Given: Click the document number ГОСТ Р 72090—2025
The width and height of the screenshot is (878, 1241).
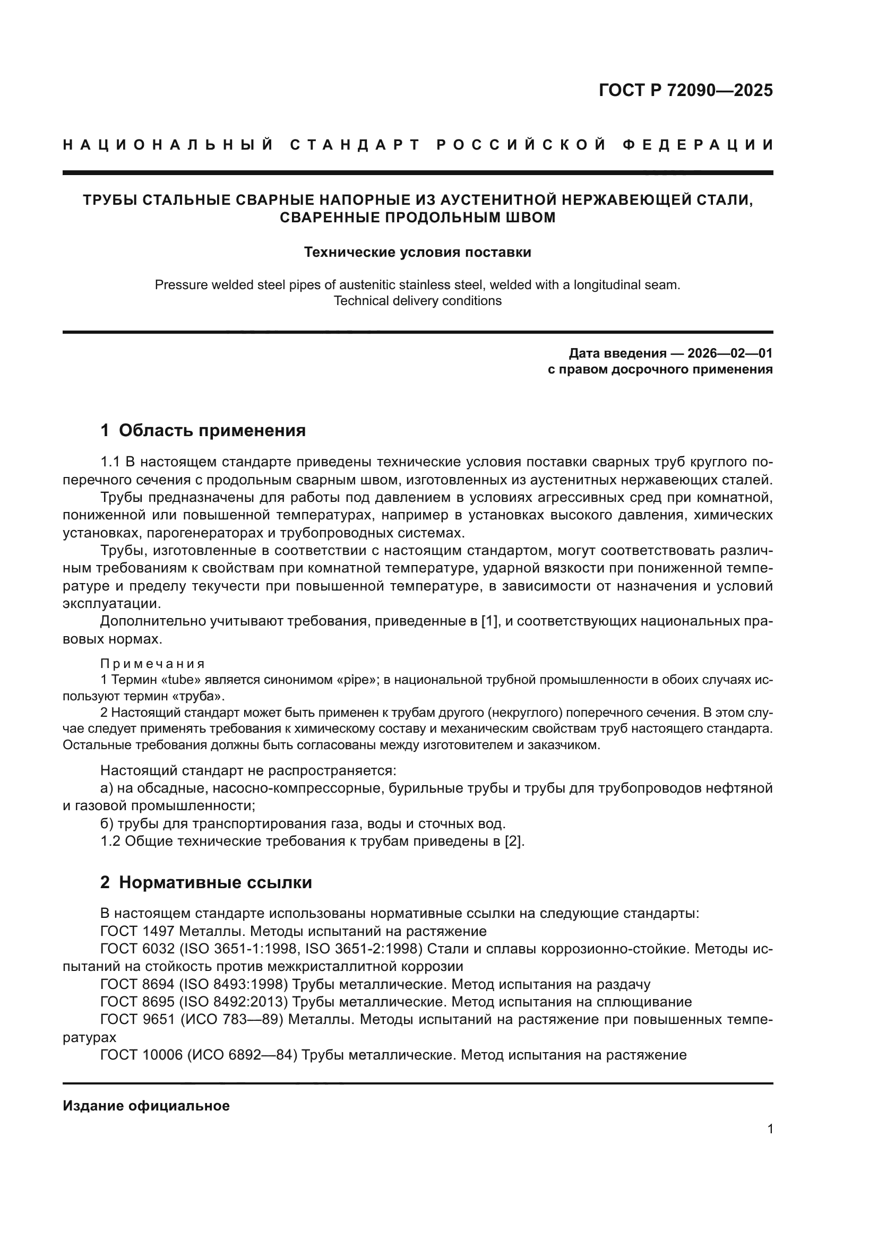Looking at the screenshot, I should click(685, 90).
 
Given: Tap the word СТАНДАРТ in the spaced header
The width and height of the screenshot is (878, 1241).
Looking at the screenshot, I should click(355, 145).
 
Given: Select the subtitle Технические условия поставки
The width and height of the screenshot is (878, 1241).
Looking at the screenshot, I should click(417, 253).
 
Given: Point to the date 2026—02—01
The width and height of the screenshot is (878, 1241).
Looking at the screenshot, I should click(730, 353).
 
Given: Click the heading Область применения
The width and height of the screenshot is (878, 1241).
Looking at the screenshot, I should click(212, 431).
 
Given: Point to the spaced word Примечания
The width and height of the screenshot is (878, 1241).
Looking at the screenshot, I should click(152, 664).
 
